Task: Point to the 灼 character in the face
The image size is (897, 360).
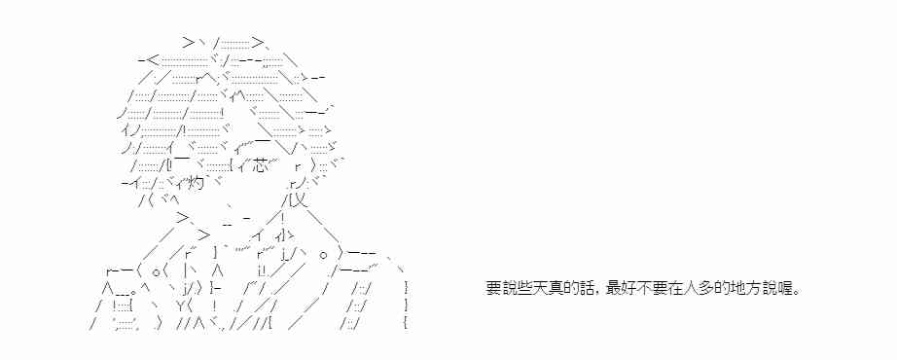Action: pyautogui.click(x=196, y=184)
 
